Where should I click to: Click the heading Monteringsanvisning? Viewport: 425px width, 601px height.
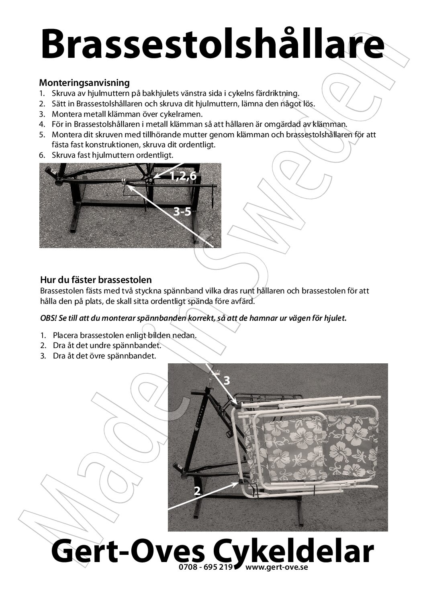pyautogui.click(x=84, y=83)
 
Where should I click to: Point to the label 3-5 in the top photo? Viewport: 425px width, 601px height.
pyautogui.click(x=182, y=212)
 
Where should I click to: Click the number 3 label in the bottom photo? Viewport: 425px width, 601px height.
pyautogui.click(x=227, y=381)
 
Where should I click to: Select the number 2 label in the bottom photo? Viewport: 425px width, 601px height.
pyautogui.click(x=197, y=490)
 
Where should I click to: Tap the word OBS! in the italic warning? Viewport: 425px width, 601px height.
pyautogui.click(x=49, y=318)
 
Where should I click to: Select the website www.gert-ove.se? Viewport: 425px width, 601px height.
pyautogui.click(x=276, y=567)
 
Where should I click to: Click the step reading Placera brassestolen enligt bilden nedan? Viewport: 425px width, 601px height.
pyautogui.click(x=125, y=335)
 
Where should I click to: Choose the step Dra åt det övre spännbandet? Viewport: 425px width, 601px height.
pyautogui.click(x=104, y=356)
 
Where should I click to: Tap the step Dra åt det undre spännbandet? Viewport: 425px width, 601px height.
pyautogui.click(x=107, y=345)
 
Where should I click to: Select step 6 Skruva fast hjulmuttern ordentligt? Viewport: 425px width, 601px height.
pyautogui.click(x=112, y=155)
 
